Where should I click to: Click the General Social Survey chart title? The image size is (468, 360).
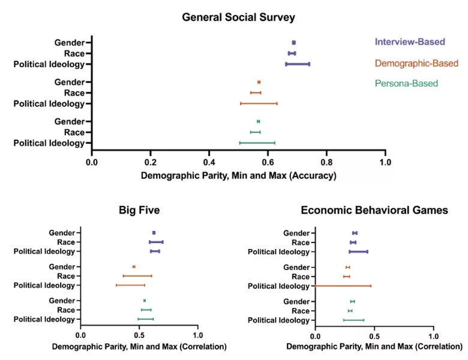238,17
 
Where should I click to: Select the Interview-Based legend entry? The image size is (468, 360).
410,42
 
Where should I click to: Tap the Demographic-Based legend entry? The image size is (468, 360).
416,63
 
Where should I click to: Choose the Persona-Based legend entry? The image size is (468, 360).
406,83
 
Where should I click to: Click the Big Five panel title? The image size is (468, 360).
139,211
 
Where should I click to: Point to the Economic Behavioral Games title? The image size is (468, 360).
374,211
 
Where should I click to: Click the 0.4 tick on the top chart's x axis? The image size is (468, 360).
209,162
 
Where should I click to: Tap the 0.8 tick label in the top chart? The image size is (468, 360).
326,162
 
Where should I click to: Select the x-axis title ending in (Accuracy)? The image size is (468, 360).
238,176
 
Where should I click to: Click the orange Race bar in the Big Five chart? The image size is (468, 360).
137,276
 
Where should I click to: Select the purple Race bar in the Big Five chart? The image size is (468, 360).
156,242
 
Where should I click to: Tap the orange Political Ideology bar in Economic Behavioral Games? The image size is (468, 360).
342,286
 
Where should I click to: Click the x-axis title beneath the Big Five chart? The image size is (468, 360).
139,347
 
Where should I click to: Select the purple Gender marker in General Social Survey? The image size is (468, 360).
293,43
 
